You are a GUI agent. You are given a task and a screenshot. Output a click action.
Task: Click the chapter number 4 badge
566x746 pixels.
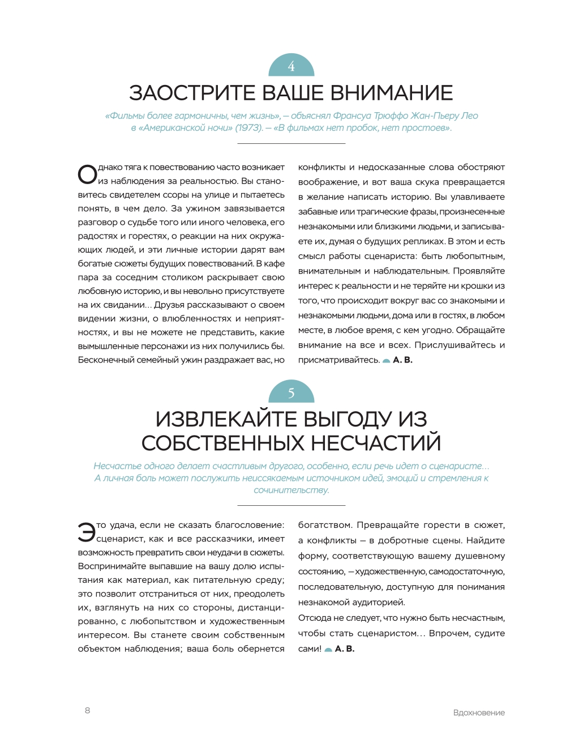coord(291,66)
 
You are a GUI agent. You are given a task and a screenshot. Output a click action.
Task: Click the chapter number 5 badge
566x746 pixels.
coord(291,392)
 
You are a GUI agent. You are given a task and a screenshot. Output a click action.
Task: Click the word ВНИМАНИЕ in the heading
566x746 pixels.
coord(391,93)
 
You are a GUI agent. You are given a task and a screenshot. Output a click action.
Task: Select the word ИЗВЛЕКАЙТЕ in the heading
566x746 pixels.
coord(226,419)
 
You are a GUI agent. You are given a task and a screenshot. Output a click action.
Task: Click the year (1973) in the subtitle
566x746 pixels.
coord(248,128)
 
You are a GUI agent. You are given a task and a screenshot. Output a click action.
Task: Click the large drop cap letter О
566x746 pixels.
coord(87,174)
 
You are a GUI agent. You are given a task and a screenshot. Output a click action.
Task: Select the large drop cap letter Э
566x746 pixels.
coord(87,532)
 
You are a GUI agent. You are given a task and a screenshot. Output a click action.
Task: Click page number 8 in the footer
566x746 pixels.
coord(87,710)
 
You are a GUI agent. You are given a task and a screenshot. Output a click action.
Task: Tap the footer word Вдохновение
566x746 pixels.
coord(479,713)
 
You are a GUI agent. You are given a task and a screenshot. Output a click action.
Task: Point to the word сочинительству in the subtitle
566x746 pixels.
coord(291,490)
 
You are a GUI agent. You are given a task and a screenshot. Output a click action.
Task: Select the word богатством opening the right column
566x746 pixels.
coord(325,525)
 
